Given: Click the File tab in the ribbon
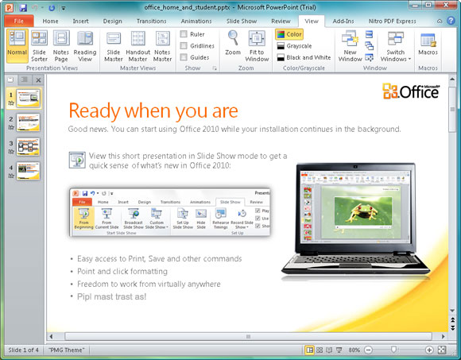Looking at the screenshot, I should [x=17, y=20].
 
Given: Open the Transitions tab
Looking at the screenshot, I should [x=151, y=21].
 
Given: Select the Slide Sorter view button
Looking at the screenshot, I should [x=40, y=45].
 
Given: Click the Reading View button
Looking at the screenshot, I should [x=84, y=45].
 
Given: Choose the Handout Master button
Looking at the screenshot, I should [x=138, y=45].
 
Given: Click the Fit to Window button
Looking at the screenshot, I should [x=257, y=45].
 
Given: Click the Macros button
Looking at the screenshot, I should [x=428, y=45].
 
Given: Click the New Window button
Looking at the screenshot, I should [x=350, y=45].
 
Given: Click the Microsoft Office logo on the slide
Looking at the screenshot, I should [x=410, y=91].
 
